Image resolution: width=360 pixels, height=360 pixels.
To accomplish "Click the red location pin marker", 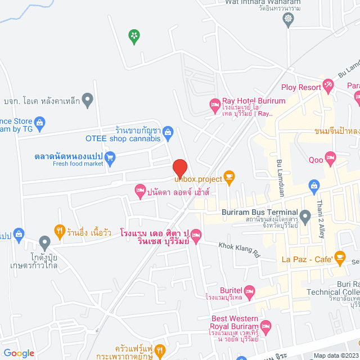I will [x=179, y=168].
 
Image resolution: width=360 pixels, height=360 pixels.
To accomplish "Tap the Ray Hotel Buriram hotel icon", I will [x=214, y=104].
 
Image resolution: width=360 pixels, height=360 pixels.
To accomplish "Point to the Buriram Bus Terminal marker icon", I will [x=305, y=215].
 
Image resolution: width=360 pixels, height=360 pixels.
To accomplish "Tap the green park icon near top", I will [x=134, y=37].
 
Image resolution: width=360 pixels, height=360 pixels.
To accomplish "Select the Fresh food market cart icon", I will [x=110, y=158].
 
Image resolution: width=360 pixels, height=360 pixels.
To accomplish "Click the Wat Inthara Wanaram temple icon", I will [x=289, y=19].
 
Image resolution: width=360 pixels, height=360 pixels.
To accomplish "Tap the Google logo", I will [x=18, y=353].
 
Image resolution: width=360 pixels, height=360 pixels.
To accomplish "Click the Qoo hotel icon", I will [x=330, y=159].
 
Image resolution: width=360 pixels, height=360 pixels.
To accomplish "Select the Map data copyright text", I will [x=336, y=355].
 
